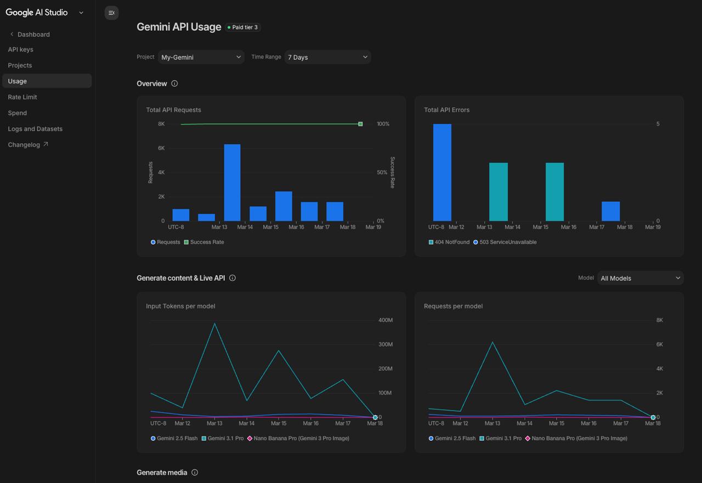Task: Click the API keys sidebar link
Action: [x=20, y=49]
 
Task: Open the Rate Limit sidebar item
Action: [x=22, y=97]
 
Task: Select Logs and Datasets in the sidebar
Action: [x=35, y=129]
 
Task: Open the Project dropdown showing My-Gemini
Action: [x=201, y=57]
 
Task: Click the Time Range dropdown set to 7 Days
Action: [x=327, y=57]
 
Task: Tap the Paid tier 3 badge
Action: [x=242, y=27]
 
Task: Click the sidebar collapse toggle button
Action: [x=111, y=13]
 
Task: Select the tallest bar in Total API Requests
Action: [x=232, y=183]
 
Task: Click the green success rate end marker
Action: [x=360, y=124]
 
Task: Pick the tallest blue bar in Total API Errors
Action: [x=442, y=172]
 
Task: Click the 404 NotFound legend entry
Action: [x=449, y=242]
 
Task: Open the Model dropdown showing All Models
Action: [x=640, y=278]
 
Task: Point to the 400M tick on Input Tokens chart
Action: [x=385, y=320]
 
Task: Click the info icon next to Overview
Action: [x=174, y=84]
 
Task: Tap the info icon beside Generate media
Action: [x=195, y=473]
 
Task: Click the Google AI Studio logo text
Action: [x=37, y=13]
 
